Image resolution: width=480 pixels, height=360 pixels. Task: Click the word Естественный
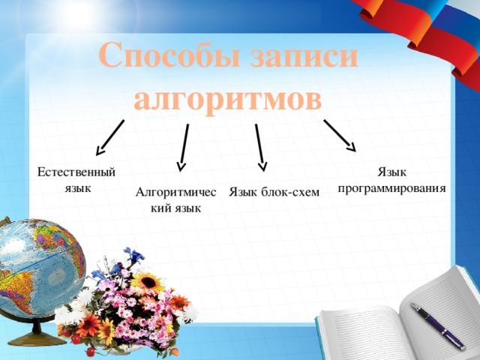(76, 172)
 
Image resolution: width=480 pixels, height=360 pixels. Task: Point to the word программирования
(391, 188)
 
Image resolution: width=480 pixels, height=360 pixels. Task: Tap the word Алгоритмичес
(176, 193)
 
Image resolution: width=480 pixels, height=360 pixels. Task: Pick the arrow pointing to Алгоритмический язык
(183, 147)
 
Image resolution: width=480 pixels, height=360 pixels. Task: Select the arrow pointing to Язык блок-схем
(259, 146)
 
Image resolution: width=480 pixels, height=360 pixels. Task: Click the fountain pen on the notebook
(438, 322)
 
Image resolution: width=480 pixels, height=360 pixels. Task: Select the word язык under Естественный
(78, 187)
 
